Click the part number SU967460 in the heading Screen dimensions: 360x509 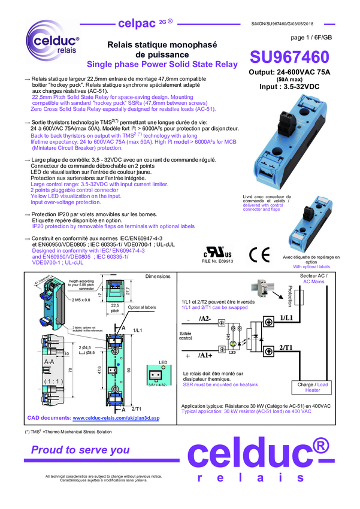pos(289,57)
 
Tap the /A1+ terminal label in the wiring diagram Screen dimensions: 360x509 pos(205,355)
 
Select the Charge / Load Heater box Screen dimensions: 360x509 pos(313,388)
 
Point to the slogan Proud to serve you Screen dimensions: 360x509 pos(80,450)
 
